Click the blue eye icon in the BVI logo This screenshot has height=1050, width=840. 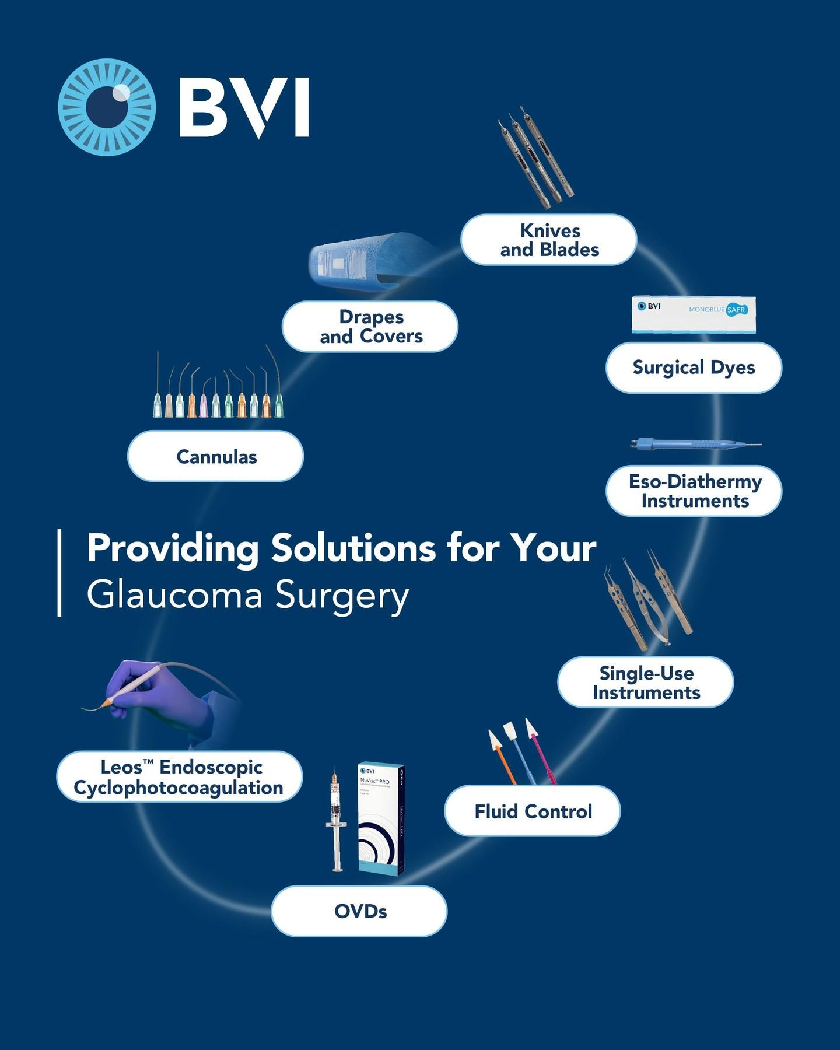[x=107, y=107]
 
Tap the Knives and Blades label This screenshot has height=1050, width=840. [x=548, y=240]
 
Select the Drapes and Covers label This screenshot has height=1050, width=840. [x=370, y=327]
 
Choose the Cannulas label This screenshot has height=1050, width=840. [x=216, y=456]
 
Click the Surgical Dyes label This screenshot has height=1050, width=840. [x=694, y=367]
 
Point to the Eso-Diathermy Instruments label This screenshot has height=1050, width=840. [x=694, y=491]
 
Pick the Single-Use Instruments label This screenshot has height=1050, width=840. [x=646, y=682]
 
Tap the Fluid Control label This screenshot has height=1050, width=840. [x=533, y=811]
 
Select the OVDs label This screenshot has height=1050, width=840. [x=359, y=911]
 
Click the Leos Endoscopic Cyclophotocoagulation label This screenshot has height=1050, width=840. [x=179, y=777]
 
